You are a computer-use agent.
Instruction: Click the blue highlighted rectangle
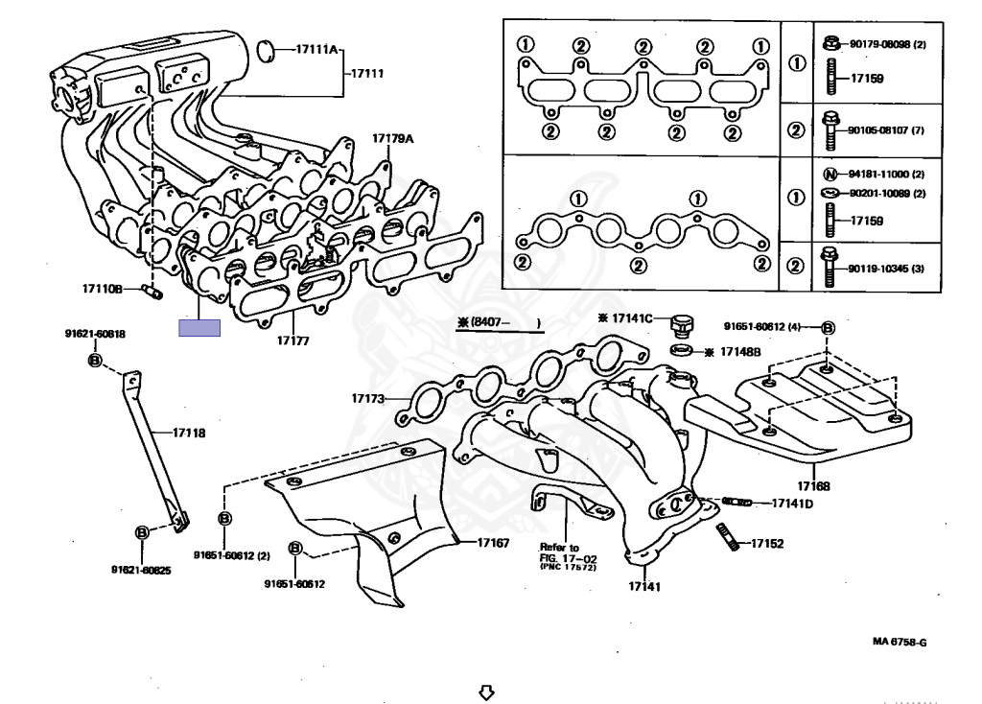(x=199, y=328)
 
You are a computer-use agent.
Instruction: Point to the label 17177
(x=293, y=340)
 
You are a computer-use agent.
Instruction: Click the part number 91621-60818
(x=95, y=334)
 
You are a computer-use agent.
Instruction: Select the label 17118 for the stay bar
(x=189, y=433)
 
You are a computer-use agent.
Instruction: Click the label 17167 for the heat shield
(x=494, y=543)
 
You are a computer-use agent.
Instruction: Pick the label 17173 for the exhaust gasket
(x=367, y=397)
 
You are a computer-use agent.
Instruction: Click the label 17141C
(x=631, y=317)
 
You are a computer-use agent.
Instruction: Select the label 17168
(x=813, y=486)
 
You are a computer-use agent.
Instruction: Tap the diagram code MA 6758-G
(x=899, y=642)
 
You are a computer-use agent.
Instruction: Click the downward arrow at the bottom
(x=486, y=691)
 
